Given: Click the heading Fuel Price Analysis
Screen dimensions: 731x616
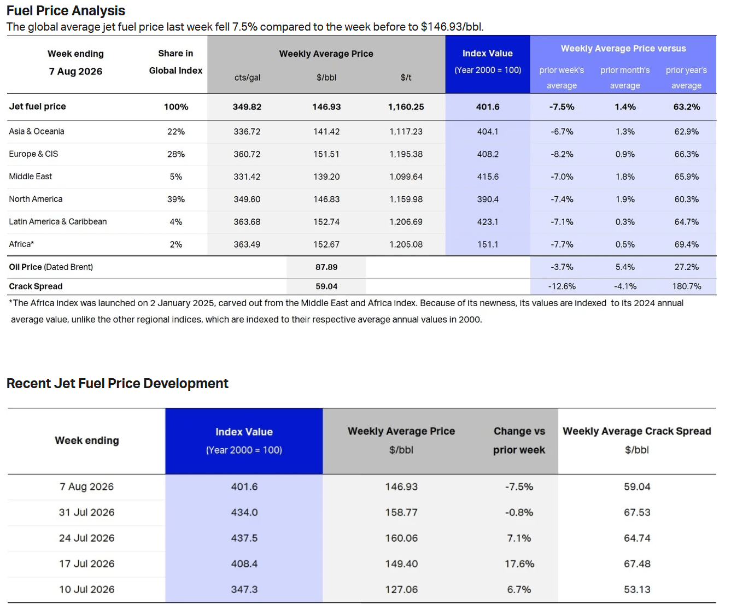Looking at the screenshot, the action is tap(66, 11).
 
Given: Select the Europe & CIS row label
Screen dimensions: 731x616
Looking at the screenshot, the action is tap(33, 154).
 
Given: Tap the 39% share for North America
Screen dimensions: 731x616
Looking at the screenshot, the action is tap(176, 199).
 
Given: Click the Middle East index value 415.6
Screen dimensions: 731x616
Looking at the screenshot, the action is tap(488, 177).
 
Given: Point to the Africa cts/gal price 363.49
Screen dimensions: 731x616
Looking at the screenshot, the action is tap(247, 244).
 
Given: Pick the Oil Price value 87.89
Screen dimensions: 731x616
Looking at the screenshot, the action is tap(326, 267).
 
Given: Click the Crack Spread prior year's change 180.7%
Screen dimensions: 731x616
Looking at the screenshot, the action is tap(687, 286).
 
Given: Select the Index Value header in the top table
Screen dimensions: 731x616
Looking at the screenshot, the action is tap(488, 54).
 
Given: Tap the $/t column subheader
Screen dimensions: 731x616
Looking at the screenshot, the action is tap(406, 78).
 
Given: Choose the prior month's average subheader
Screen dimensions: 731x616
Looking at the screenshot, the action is tap(625, 78).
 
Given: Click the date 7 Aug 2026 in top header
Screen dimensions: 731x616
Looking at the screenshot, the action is tap(75, 72).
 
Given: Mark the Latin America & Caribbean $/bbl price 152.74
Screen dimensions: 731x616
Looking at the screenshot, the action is tap(326, 222).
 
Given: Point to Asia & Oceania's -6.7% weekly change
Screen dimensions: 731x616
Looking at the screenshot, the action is tap(562, 132).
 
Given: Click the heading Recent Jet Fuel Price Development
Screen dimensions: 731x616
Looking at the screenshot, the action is tap(118, 384).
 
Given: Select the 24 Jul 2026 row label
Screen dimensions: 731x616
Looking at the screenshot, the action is tap(87, 538).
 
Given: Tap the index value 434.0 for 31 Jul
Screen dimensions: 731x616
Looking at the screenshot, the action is tap(244, 512).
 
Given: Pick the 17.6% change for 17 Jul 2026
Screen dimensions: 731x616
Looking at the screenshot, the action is tap(519, 564).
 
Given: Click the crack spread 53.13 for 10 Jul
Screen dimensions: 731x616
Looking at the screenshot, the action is tap(637, 589).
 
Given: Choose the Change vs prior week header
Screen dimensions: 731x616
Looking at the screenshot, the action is tap(519, 441).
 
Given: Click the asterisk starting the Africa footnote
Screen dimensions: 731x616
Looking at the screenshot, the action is tap(11, 302).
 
